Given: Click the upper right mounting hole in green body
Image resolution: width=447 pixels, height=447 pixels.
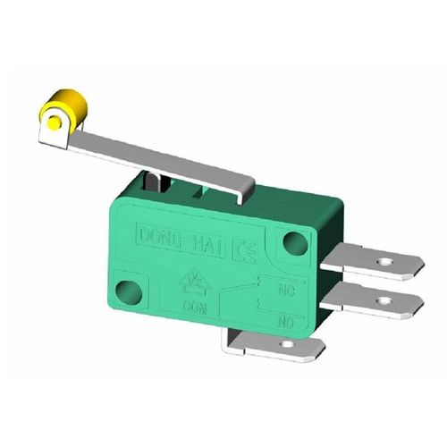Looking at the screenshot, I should [289, 240].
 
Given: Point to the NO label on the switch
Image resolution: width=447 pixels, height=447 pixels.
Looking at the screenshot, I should [288, 319].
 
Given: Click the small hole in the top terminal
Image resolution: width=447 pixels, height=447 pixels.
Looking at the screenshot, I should [385, 263].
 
